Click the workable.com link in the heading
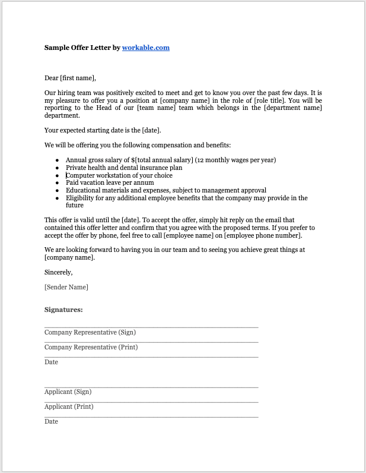[145, 48]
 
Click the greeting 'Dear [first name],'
[70, 78]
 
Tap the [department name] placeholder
[292, 108]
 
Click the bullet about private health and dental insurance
[124, 168]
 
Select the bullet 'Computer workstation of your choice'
[119, 175]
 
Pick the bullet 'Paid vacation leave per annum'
[110, 182]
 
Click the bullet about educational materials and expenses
[166, 190]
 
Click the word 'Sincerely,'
[59, 272]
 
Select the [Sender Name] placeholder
[66, 287]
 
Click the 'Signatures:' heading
[63, 310]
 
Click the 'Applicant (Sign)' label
[68, 392]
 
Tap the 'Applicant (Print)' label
[69, 406]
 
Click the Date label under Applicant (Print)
[52, 421]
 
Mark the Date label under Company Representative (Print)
[52, 362]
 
